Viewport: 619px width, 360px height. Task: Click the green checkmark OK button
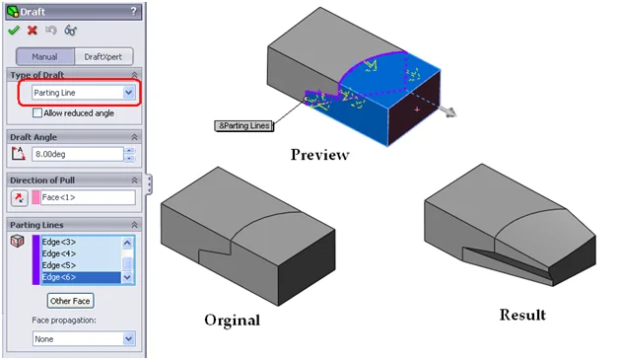click(14, 30)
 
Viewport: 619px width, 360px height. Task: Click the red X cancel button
click(33, 30)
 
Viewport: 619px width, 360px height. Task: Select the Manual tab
click(44, 57)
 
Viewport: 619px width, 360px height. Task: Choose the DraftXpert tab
click(103, 57)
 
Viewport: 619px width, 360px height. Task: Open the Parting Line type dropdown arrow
click(129, 93)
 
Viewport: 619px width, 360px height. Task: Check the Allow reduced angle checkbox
click(37, 113)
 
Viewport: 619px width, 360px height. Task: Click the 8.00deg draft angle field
click(77, 154)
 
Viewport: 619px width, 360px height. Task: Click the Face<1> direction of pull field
click(88, 197)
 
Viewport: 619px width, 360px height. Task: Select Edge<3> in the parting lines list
click(59, 242)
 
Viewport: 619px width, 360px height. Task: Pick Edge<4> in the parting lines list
click(59, 253)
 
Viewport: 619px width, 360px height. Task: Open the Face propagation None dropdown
click(84, 339)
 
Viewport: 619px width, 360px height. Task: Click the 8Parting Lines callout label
click(244, 125)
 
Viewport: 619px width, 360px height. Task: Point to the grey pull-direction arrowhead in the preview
click(449, 112)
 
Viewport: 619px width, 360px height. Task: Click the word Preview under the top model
click(319, 155)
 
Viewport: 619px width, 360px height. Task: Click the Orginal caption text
click(233, 321)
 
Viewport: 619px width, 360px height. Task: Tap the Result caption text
click(522, 315)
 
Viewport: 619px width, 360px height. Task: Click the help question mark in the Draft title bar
click(134, 11)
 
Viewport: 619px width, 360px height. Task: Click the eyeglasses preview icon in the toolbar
click(70, 30)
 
